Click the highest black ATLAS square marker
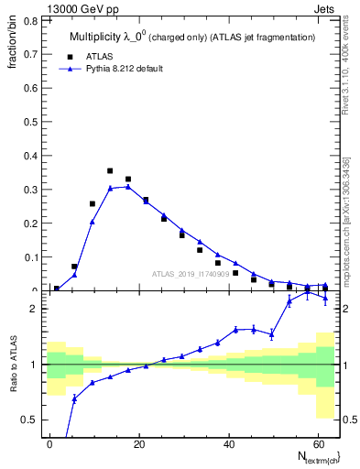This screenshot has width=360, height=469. [x=110, y=171]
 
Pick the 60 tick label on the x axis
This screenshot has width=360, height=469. [x=316, y=442]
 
